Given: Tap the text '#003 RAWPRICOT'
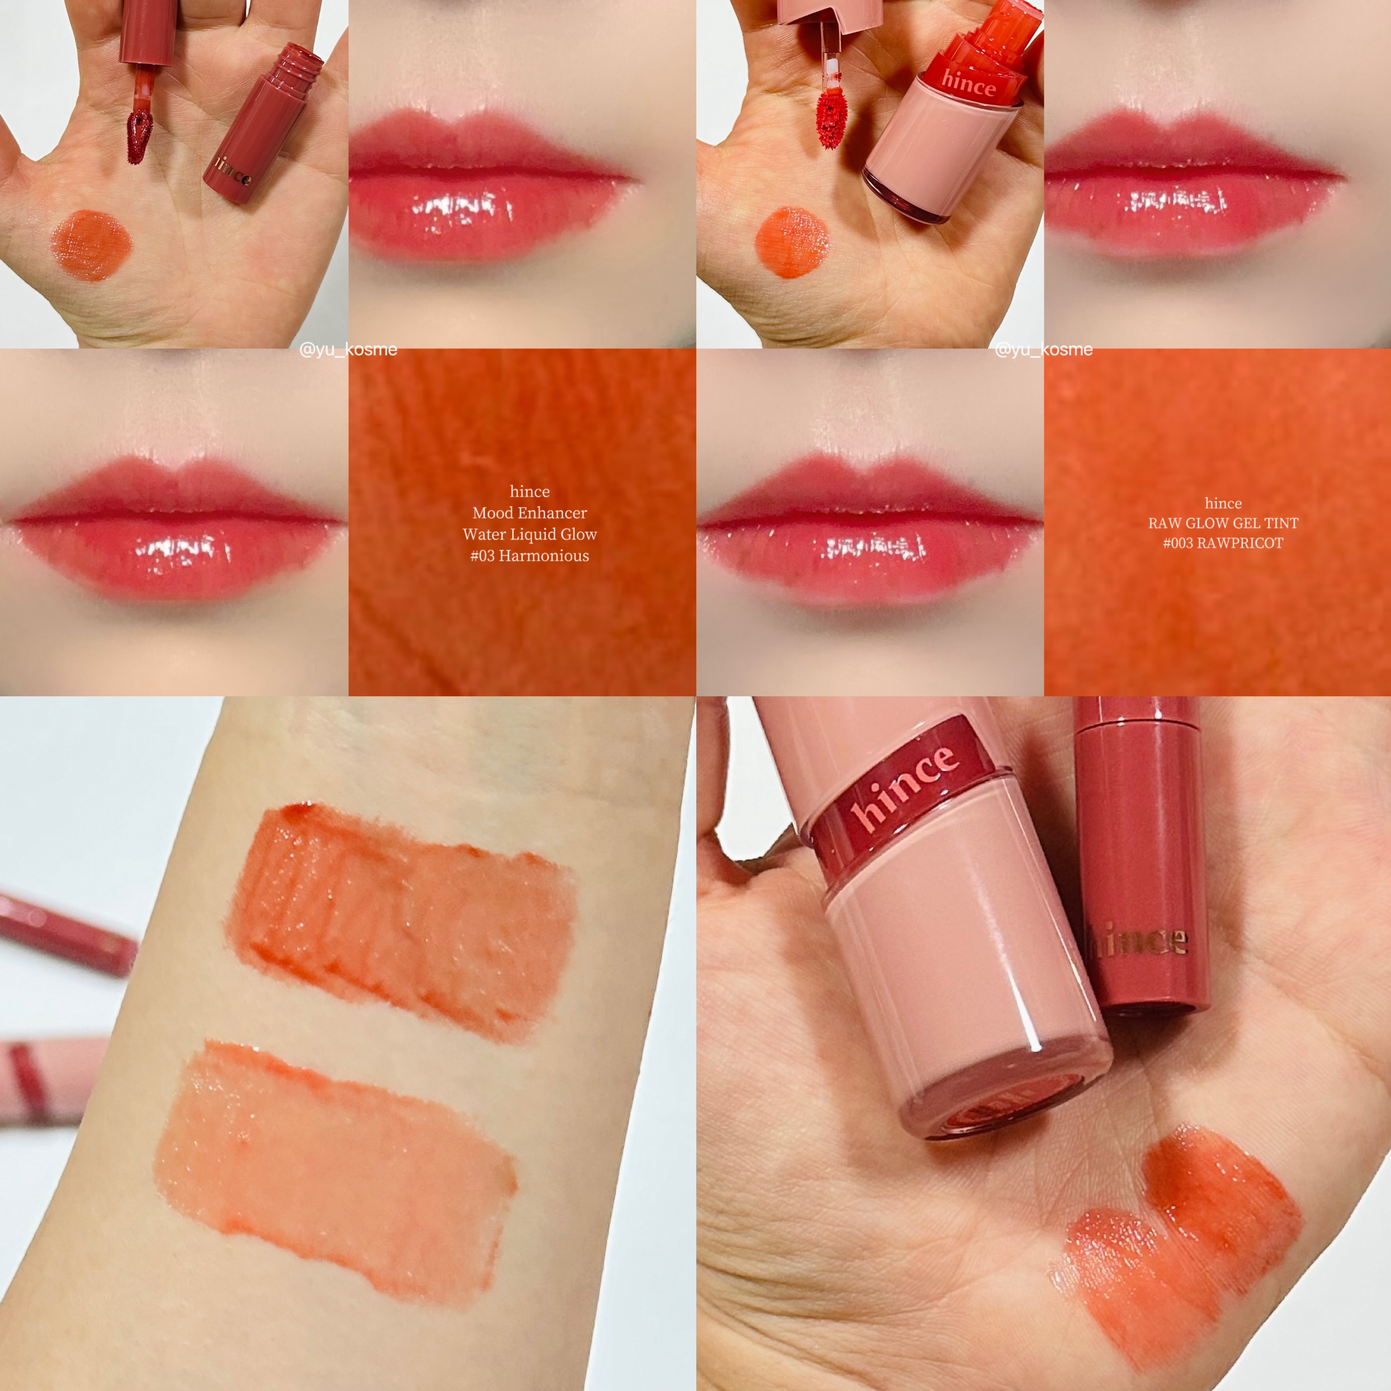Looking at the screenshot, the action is coord(1223,543).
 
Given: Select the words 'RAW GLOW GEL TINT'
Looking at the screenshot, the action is coord(1223,523).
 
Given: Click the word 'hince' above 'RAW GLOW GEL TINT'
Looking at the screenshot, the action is coord(1223,503).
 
